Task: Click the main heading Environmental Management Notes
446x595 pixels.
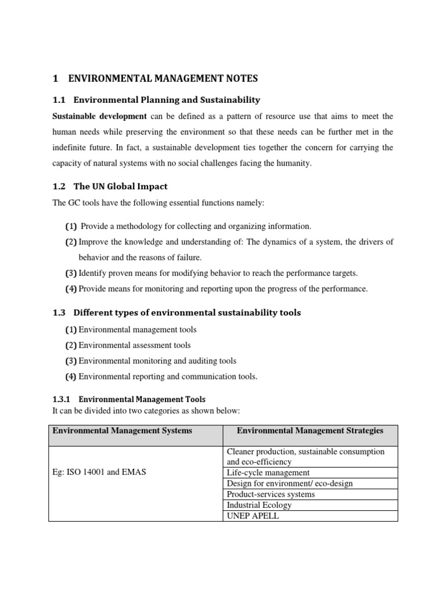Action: (163, 78)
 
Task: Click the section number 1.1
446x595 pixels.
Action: (60, 100)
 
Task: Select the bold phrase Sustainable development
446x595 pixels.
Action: (99, 116)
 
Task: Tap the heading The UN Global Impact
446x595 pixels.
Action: (121, 187)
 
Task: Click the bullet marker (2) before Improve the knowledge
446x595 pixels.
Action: (71, 242)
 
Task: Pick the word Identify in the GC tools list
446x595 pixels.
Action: (92, 273)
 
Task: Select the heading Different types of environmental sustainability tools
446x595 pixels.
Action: (187, 313)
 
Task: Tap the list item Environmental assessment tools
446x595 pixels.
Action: (134, 345)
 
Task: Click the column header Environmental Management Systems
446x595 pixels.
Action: (122, 431)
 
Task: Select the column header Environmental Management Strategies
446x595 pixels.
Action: (310, 431)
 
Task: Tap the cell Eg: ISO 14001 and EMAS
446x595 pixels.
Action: (99, 472)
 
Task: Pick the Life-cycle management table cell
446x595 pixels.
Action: (268, 473)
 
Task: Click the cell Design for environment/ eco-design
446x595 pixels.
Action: (289, 483)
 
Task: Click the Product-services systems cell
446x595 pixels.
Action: (271, 494)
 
